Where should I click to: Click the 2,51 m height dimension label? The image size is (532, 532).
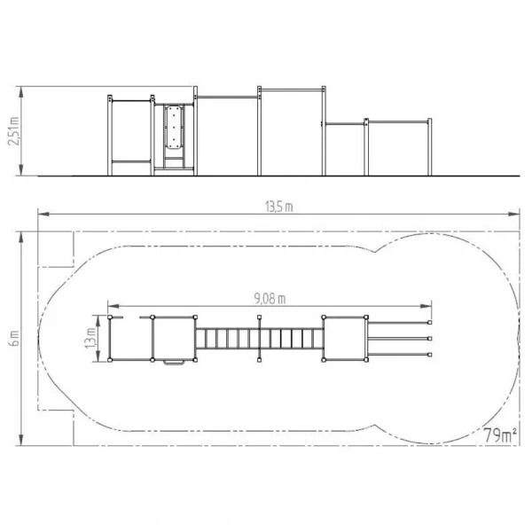[x=13, y=131]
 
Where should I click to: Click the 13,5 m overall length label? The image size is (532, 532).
[x=279, y=207]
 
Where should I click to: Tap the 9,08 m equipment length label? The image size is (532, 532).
[x=270, y=299]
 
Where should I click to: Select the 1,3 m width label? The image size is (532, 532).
[x=90, y=338]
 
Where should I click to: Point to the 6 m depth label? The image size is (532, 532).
[x=15, y=339]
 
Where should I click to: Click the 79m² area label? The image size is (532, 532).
[x=500, y=435]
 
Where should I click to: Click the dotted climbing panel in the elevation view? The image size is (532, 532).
[x=174, y=127]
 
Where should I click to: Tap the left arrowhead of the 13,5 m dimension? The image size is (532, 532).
[x=43, y=214]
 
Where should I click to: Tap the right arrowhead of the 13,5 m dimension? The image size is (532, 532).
[x=513, y=214]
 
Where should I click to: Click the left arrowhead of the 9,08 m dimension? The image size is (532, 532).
[x=113, y=306]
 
